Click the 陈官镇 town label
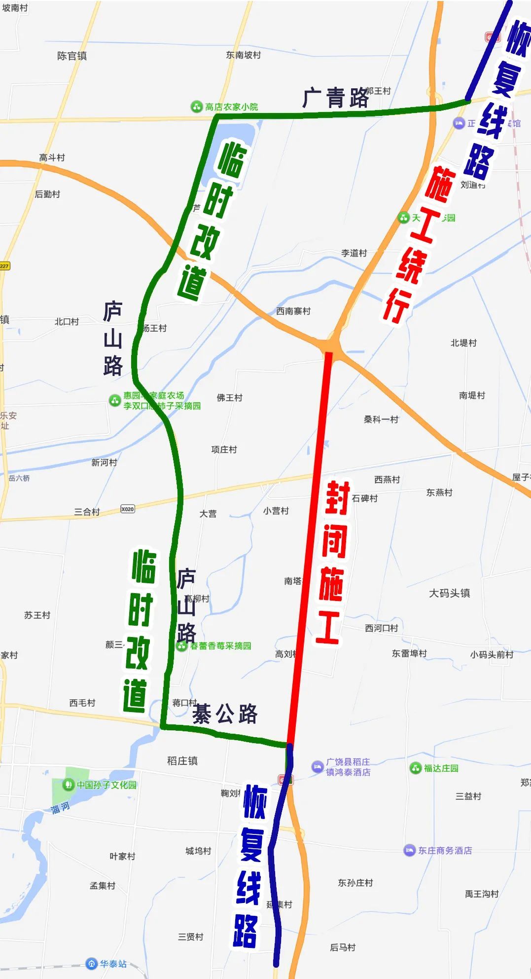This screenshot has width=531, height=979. point(72,56)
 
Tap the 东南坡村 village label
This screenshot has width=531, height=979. point(243,55)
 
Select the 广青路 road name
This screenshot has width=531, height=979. point(335,98)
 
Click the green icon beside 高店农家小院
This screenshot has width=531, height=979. point(197,107)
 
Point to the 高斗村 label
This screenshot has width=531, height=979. point(52,158)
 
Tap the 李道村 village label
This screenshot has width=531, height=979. point(354,253)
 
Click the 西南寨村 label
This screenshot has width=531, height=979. point(293,311)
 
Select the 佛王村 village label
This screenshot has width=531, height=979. point(229,398)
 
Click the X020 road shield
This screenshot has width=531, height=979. point(128,509)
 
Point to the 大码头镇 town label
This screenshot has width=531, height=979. point(449,593)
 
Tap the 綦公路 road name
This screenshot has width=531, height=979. point(225,714)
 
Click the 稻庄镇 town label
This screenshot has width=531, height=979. point(182,761)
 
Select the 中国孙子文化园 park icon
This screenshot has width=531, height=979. point(69,784)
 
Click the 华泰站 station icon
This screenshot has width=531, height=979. point(91,963)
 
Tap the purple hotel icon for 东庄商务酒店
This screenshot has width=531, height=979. point(409,850)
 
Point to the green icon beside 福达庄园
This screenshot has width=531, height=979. point(415,768)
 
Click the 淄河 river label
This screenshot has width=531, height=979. point(61,808)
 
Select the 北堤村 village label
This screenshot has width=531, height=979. point(463,343)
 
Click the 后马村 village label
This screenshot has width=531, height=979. point(343,947)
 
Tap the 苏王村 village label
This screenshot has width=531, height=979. point(37,615)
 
